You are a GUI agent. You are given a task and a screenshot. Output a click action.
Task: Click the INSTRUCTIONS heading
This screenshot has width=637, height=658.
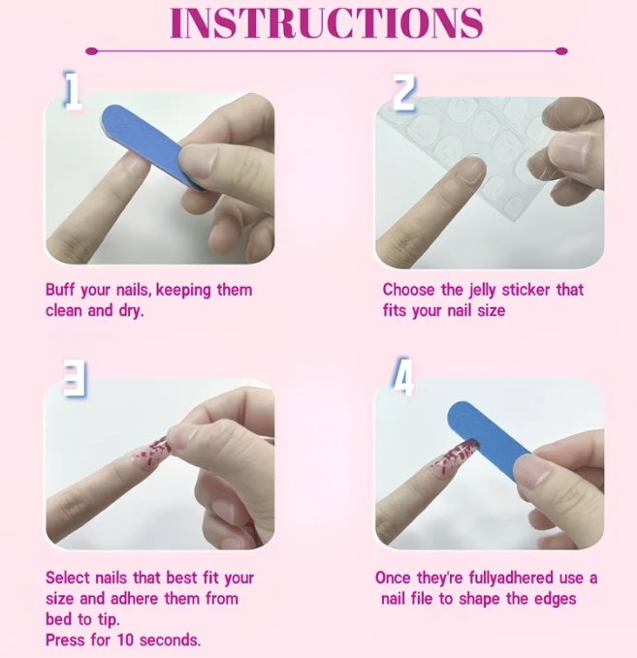[327, 22]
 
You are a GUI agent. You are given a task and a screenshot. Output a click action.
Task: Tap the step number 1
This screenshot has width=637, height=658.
[72, 90]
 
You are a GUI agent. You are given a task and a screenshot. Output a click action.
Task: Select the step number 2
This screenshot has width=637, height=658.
[403, 92]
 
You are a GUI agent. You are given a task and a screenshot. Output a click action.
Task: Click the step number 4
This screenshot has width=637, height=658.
[402, 376]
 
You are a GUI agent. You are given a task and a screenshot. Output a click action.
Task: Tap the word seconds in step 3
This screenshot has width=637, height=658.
[170, 640]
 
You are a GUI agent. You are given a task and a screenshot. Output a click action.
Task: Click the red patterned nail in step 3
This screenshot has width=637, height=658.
[152, 453]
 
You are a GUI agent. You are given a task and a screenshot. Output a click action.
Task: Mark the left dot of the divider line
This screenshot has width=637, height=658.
[91, 51]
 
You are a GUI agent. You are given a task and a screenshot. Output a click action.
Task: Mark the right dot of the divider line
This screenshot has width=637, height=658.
[561, 51]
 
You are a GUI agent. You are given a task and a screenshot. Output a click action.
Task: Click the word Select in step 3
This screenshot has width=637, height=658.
[68, 578]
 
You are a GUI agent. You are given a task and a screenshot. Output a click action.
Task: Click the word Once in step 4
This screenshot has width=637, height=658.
[393, 578]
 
